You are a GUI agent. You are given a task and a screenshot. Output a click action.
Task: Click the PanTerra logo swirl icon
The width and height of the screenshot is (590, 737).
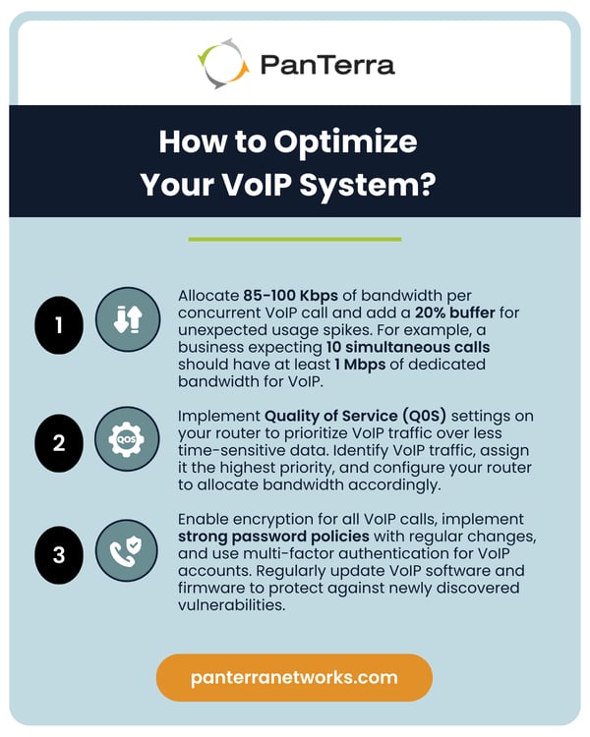pos(222,64)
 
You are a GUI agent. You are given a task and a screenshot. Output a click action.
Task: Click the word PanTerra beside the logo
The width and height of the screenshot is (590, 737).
pos(327,65)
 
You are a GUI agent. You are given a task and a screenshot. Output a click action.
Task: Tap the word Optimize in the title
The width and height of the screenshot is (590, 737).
pos(343,142)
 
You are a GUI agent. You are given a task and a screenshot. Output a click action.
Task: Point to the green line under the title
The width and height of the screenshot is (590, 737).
pos(294,239)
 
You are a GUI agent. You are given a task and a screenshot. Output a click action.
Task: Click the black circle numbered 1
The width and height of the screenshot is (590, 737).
pos(59,323)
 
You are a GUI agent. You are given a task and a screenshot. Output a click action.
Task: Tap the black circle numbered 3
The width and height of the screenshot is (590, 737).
pos(59,554)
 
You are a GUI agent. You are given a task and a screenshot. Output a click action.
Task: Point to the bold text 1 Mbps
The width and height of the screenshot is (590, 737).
pos(374,366)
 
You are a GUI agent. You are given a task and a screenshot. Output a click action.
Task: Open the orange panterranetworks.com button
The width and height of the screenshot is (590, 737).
pos(294,677)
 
